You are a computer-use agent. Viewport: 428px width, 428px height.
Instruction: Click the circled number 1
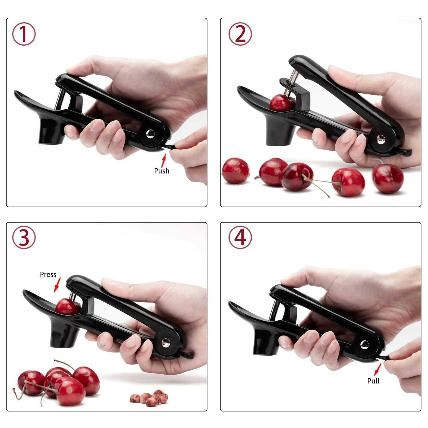click(24, 34)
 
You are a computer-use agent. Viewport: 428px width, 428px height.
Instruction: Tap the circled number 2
click(240, 34)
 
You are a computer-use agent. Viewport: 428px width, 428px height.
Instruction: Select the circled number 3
click(24, 237)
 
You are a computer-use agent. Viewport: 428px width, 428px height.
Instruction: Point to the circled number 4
click(240, 237)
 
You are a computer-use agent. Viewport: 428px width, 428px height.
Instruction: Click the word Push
click(161, 171)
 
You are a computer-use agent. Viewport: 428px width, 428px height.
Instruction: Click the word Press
click(48, 274)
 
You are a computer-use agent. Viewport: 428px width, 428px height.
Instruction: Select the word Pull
click(373, 381)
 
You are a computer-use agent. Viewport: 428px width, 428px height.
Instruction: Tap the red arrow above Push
click(163, 161)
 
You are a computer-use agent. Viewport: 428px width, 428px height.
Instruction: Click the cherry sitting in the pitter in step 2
click(281, 103)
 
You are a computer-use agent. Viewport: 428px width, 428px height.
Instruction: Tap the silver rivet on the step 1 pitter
click(150, 133)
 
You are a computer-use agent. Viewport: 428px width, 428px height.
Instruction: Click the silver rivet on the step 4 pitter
click(364, 344)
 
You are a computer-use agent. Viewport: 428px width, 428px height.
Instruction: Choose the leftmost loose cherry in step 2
click(236, 171)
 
